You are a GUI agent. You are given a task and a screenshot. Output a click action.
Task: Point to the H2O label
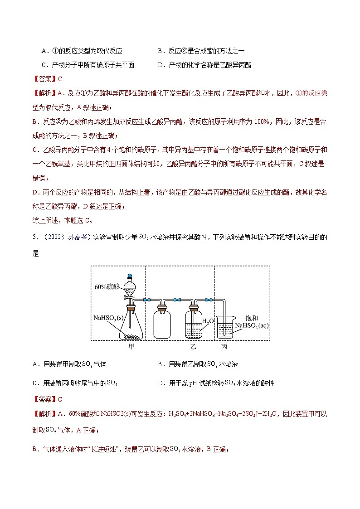[x=207, y=321]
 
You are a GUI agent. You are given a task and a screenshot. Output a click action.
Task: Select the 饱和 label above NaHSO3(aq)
[x=251, y=318]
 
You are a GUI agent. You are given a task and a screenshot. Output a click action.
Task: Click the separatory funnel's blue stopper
[x=130, y=275]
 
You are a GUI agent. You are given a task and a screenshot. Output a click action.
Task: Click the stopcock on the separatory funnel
[x=127, y=298]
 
